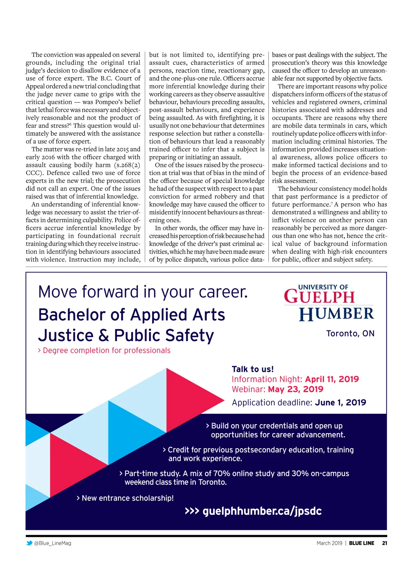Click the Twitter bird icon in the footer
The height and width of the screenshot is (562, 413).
click(x=29, y=543)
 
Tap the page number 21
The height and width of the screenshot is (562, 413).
click(x=384, y=543)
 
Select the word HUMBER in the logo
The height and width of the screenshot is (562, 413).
click(x=336, y=314)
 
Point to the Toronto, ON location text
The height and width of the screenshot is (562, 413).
click(x=350, y=334)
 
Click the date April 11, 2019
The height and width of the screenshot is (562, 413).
click(x=332, y=379)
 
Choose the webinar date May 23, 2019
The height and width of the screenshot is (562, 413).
click(x=295, y=389)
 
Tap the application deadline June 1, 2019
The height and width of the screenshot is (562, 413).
click(x=340, y=402)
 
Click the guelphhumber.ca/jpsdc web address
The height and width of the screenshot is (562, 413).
click(x=262, y=511)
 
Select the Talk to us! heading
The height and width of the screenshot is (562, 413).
click(x=253, y=369)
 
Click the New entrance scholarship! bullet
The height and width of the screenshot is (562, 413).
click(x=127, y=498)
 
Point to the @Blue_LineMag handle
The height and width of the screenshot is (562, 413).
click(x=53, y=543)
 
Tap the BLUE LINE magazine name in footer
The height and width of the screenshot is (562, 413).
click(x=361, y=543)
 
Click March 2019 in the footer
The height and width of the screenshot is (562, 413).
click(x=329, y=543)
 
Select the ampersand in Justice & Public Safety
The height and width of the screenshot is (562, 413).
click(x=104, y=335)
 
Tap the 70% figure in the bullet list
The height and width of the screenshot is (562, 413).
click(x=222, y=473)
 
